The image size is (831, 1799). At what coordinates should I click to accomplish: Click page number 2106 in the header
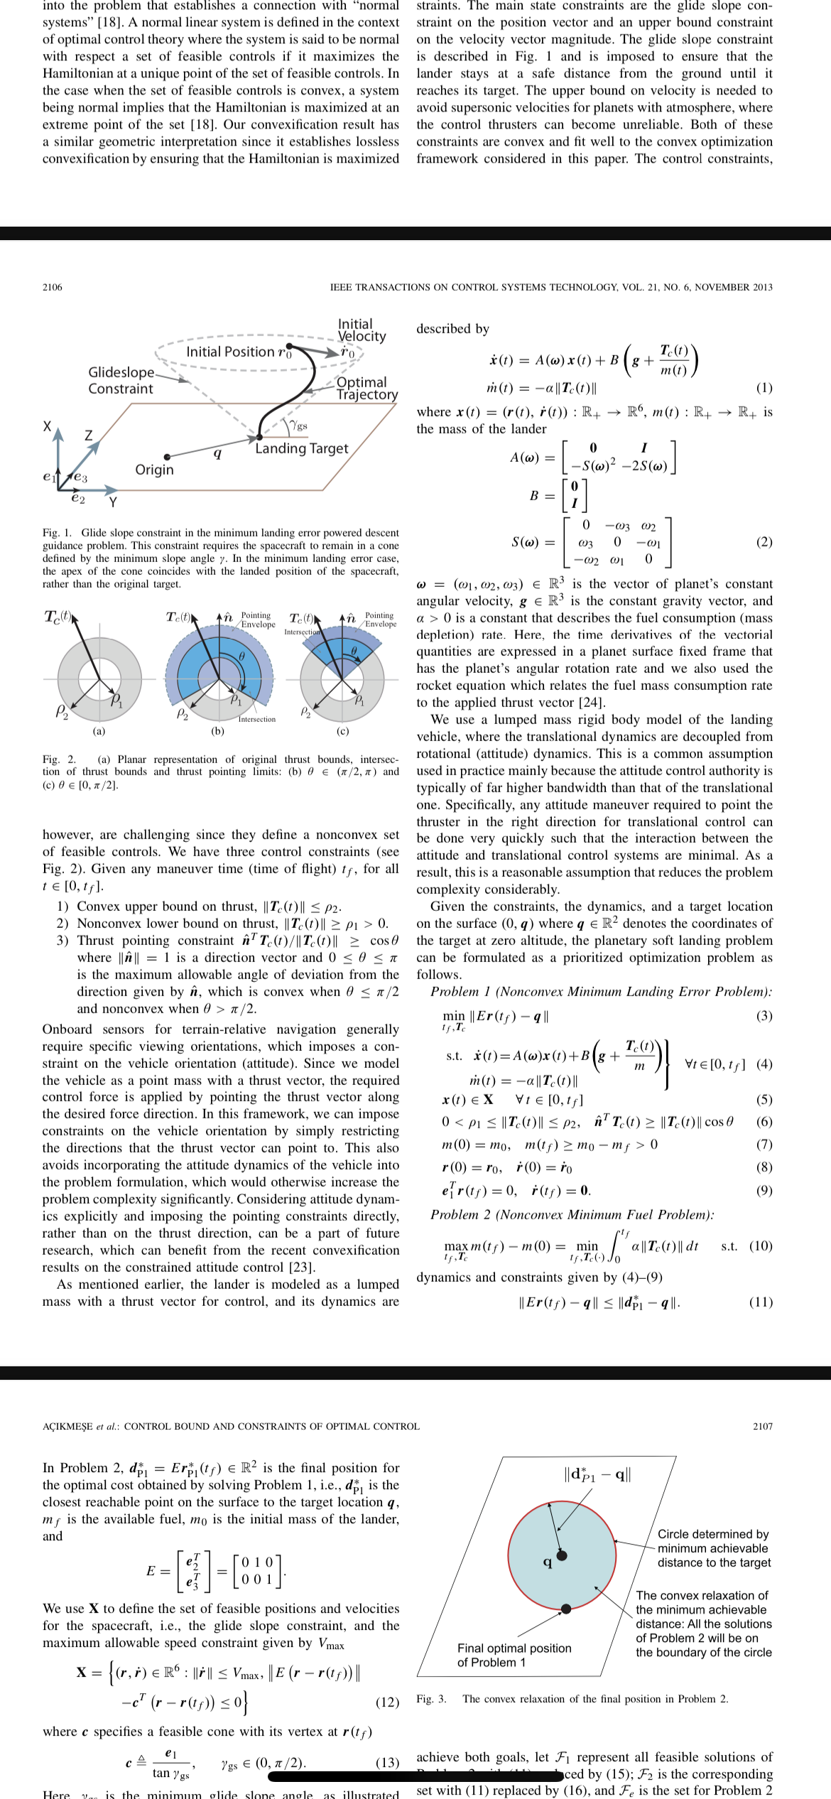52,287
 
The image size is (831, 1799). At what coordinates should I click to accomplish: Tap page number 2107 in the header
763,1426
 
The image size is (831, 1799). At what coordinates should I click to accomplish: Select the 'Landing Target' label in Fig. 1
302,448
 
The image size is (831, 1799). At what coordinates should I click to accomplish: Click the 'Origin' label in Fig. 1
154,470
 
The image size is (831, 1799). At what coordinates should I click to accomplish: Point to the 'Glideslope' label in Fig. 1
121,372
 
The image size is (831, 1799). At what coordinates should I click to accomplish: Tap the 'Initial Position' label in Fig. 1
230,352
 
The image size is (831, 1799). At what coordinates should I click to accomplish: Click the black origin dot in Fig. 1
167,457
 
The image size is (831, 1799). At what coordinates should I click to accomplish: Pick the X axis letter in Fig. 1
47,426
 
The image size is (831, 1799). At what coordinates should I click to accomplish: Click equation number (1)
764,387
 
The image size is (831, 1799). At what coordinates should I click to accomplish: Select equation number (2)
764,542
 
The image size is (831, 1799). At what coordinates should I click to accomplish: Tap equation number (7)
764,1145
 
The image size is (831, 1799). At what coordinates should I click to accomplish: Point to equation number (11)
761,1302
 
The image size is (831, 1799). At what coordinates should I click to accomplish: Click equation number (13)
387,1762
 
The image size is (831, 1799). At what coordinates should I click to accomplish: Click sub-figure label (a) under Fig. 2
99,730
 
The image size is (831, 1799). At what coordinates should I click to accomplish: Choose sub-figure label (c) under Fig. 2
342,730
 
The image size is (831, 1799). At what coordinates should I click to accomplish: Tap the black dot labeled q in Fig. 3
562,1555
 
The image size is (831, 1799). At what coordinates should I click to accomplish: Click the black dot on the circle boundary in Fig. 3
566,1609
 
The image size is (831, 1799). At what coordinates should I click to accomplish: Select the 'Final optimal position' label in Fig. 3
514,1648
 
